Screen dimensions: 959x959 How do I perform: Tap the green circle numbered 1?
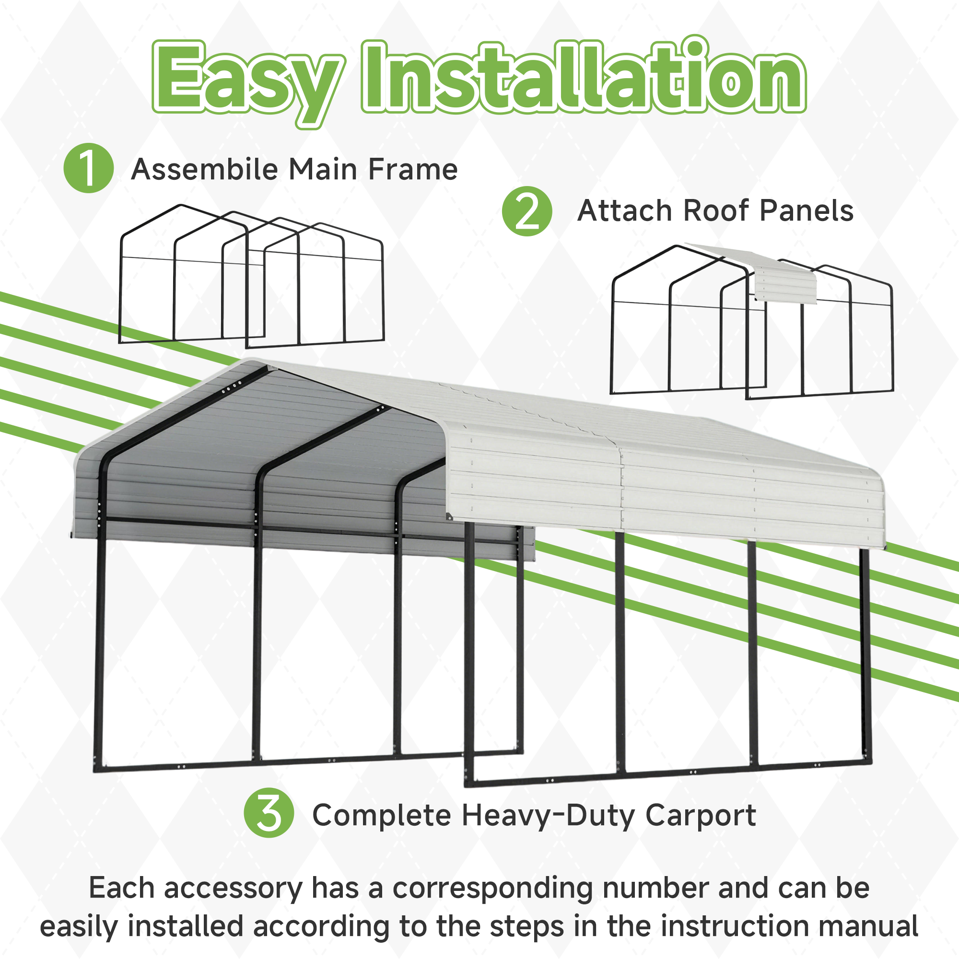(89, 168)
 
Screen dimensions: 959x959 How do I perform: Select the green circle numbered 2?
(526, 211)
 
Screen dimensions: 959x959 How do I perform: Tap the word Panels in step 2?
(807, 211)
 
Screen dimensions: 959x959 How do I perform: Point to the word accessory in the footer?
(233, 888)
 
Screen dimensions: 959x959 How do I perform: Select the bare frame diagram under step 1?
(251, 278)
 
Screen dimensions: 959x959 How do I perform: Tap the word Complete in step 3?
(381, 816)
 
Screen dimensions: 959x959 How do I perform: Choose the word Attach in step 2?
(625, 211)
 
